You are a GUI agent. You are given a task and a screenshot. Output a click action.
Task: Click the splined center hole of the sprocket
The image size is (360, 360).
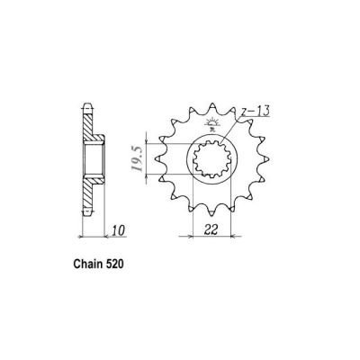(213, 166)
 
